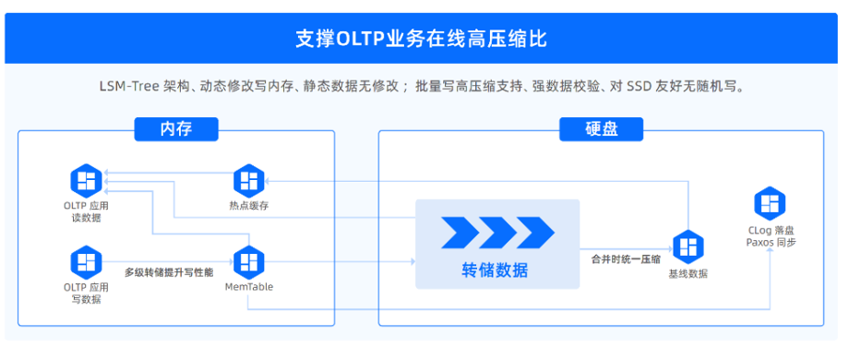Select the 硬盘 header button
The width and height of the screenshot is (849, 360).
click(602, 129)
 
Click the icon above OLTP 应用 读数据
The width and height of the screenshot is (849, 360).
click(87, 179)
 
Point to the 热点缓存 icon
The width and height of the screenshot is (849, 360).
click(249, 179)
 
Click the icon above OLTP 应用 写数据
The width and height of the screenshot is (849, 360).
click(87, 262)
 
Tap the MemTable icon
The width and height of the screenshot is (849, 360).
click(249, 262)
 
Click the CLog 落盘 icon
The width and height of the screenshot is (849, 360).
click(771, 203)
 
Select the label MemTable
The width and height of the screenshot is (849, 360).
click(249, 287)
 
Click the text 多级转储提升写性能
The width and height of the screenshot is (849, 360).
click(169, 272)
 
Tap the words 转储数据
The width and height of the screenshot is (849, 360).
click(496, 270)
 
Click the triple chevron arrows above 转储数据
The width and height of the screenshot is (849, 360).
click(497, 232)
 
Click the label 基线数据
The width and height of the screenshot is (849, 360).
click(688, 274)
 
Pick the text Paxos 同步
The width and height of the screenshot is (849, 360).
click(771, 242)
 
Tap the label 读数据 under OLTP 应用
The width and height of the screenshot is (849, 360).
click(87, 217)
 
